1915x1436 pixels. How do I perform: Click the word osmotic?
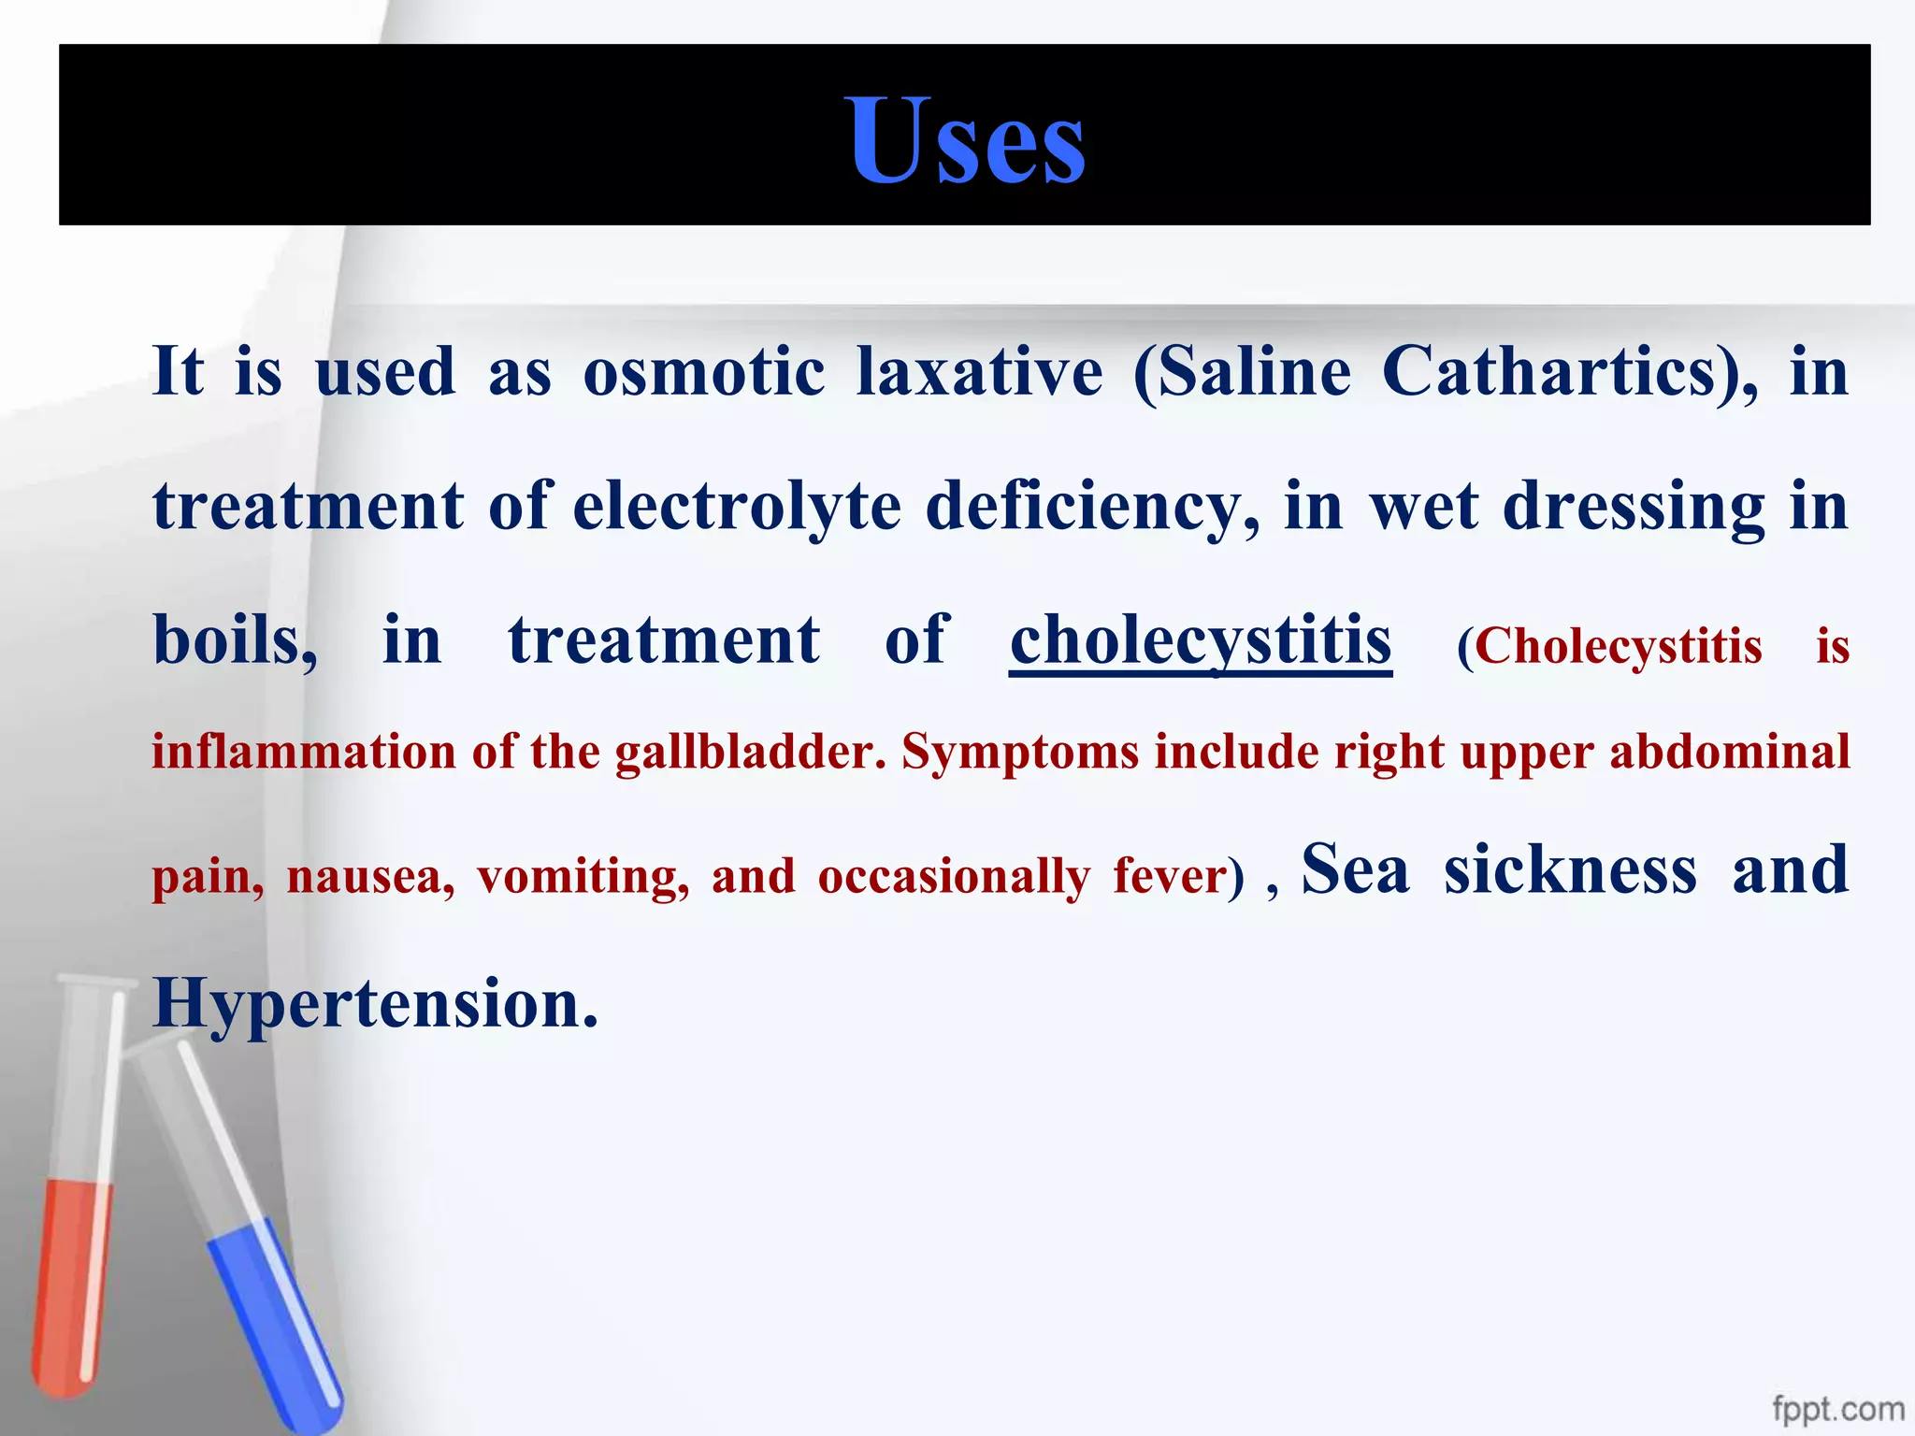coord(703,372)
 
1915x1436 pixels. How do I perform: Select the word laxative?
coord(979,372)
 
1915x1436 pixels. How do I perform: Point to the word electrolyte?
coord(737,507)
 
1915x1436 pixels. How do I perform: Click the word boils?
coord(234,641)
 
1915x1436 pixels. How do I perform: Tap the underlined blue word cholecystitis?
coord(1201,641)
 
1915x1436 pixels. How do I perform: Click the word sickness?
coord(1569,869)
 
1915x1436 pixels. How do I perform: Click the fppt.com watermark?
coord(1837,1408)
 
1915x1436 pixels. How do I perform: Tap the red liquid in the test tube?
coord(73,1281)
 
